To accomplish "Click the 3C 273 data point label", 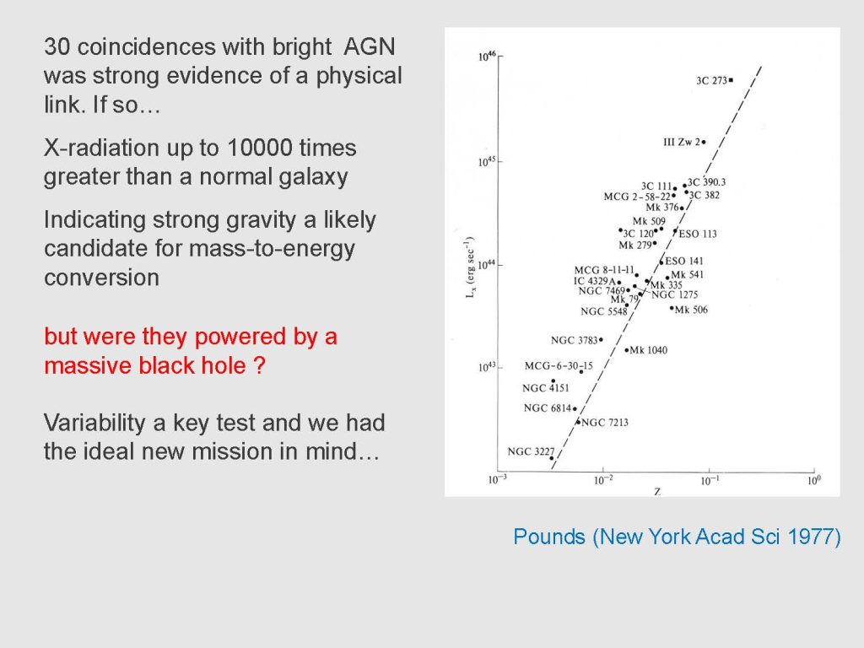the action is [x=711, y=80].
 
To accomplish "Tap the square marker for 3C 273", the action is [x=732, y=80].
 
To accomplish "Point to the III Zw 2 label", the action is [x=682, y=142].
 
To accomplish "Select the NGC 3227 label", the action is [x=531, y=452].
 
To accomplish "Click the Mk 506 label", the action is [x=691, y=310].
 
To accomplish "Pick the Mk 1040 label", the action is [x=649, y=350].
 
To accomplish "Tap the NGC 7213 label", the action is [x=604, y=423].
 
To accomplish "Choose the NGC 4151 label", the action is [x=546, y=388].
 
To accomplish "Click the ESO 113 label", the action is [x=698, y=234].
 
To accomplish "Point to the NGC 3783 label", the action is [x=574, y=341].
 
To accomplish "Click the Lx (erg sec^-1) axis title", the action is [x=470, y=267].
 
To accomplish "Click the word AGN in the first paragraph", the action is [x=370, y=47].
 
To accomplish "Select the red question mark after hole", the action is [x=260, y=365].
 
